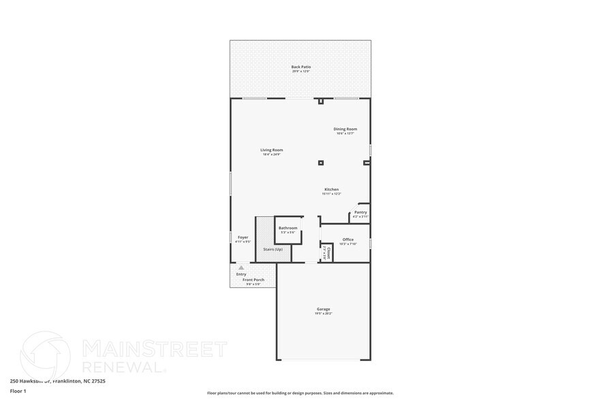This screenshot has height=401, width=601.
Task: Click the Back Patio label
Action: pyautogui.click(x=300, y=67)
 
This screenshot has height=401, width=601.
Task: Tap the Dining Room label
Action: pyautogui.click(x=345, y=129)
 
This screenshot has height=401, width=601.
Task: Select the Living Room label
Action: pyautogui.click(x=271, y=150)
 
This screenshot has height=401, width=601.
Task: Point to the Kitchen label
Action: pyautogui.click(x=331, y=190)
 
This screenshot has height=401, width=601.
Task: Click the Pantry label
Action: pyautogui.click(x=360, y=212)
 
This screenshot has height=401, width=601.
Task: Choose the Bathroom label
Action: pyautogui.click(x=288, y=228)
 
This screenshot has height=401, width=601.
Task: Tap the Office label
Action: pyautogui.click(x=348, y=239)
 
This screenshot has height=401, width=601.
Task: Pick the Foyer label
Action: pyautogui.click(x=243, y=237)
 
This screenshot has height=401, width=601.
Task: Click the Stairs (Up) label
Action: pyautogui.click(x=273, y=249)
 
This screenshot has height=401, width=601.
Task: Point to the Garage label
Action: pyautogui.click(x=323, y=309)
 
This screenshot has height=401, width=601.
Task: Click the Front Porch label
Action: pyautogui.click(x=253, y=280)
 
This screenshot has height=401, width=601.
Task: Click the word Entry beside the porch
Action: pyautogui.click(x=241, y=274)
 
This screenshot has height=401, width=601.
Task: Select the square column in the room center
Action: pyautogui.click(x=321, y=162)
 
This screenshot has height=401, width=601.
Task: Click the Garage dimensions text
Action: pyautogui.click(x=323, y=313)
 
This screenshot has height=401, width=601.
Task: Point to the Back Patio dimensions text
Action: pyautogui.click(x=300, y=71)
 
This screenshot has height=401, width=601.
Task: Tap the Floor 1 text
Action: pyautogui.click(x=18, y=391)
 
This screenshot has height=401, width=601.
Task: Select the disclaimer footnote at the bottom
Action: pyautogui.click(x=300, y=393)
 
